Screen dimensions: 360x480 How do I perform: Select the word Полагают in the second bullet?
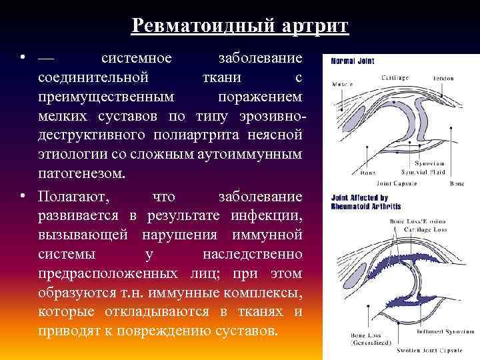pos(76,197)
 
